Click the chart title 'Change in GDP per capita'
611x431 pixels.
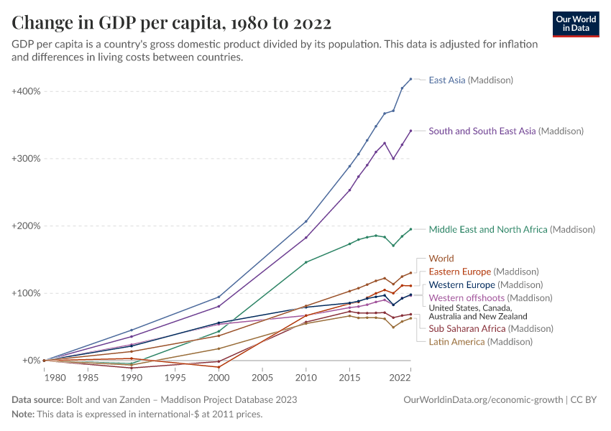[172, 23]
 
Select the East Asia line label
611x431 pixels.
[471, 80]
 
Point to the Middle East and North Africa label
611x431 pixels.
[512, 230]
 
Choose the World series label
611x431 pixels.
[441, 259]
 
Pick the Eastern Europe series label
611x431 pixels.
[483, 272]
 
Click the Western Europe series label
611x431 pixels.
[485, 284]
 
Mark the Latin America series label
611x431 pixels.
[480, 342]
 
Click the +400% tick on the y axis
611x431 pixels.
[26, 91]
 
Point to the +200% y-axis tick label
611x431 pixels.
[26, 226]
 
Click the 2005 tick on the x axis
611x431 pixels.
[262, 377]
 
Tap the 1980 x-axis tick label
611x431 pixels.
[45, 377]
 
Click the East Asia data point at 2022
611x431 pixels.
[410, 79]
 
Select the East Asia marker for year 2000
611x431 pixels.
[219, 297]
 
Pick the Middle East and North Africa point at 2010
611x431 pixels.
[305, 262]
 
